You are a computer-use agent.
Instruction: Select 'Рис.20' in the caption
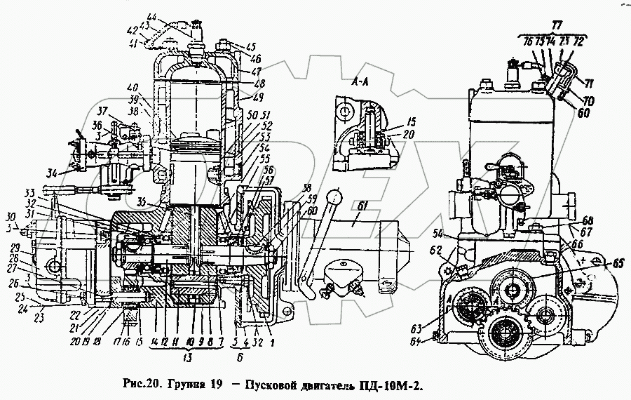point(137,385)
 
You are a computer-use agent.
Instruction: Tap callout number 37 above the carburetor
point(103,111)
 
